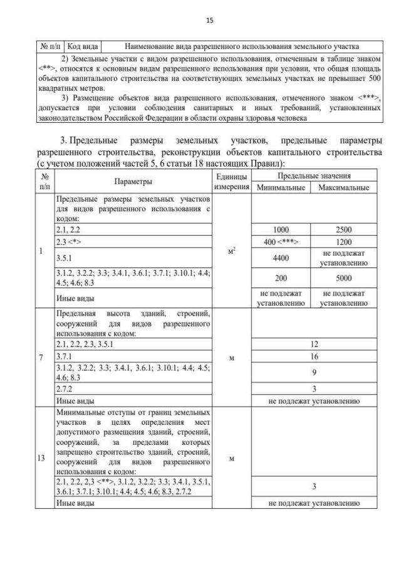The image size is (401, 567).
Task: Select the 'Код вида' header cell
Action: (x=81, y=46)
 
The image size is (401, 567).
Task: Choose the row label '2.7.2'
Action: (x=66, y=388)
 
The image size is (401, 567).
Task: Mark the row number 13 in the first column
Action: (x=43, y=457)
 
